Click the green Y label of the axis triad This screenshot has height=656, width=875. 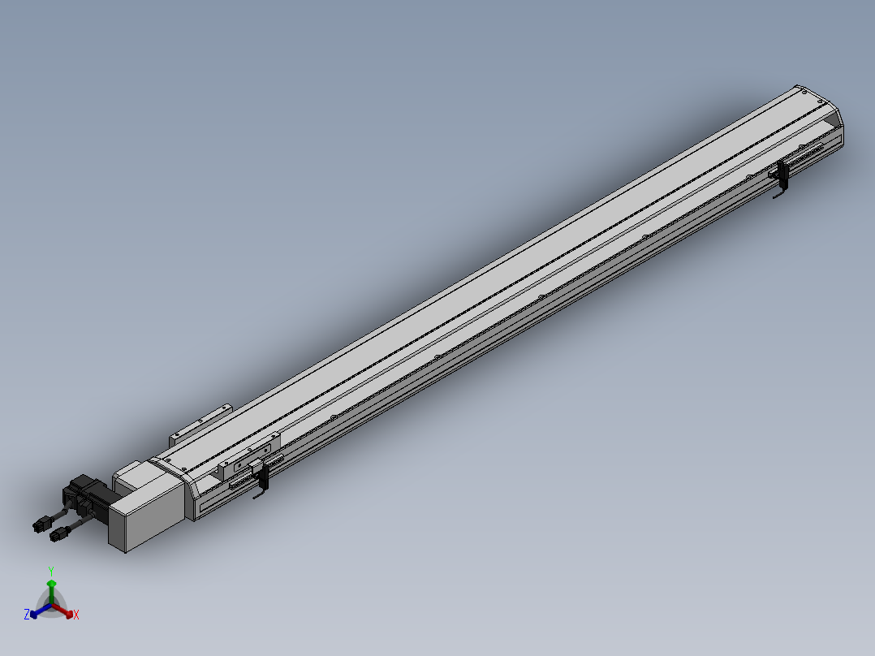click(x=51, y=571)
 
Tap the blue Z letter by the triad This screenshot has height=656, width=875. click(x=26, y=614)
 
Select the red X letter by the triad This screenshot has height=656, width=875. click(x=76, y=615)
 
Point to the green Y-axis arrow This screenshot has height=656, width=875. click(x=51, y=591)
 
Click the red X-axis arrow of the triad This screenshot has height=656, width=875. click(x=62, y=611)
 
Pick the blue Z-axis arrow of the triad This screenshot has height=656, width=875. click(x=41, y=611)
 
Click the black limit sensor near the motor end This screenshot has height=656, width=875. click(x=262, y=480)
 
